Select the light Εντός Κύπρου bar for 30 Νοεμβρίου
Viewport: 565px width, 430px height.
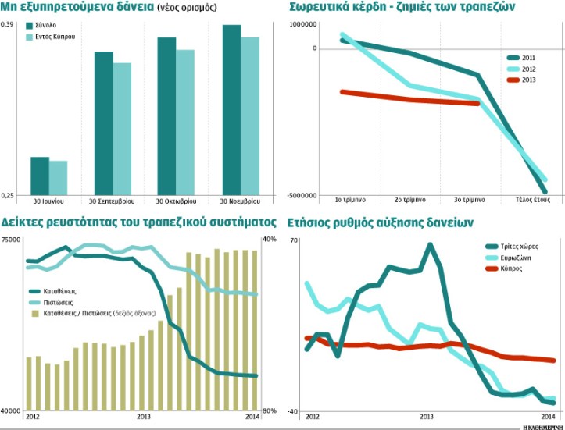(x=249, y=115)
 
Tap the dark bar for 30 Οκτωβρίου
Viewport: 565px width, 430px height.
(x=166, y=115)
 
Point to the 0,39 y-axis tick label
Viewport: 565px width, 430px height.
(x=8, y=26)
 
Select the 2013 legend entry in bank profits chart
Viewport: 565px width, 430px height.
(x=528, y=80)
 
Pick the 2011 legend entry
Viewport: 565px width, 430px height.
(x=528, y=59)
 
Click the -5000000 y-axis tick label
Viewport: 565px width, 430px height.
(x=303, y=195)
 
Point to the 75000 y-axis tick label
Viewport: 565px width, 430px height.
(x=12, y=240)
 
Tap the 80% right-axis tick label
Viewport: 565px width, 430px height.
(x=269, y=411)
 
